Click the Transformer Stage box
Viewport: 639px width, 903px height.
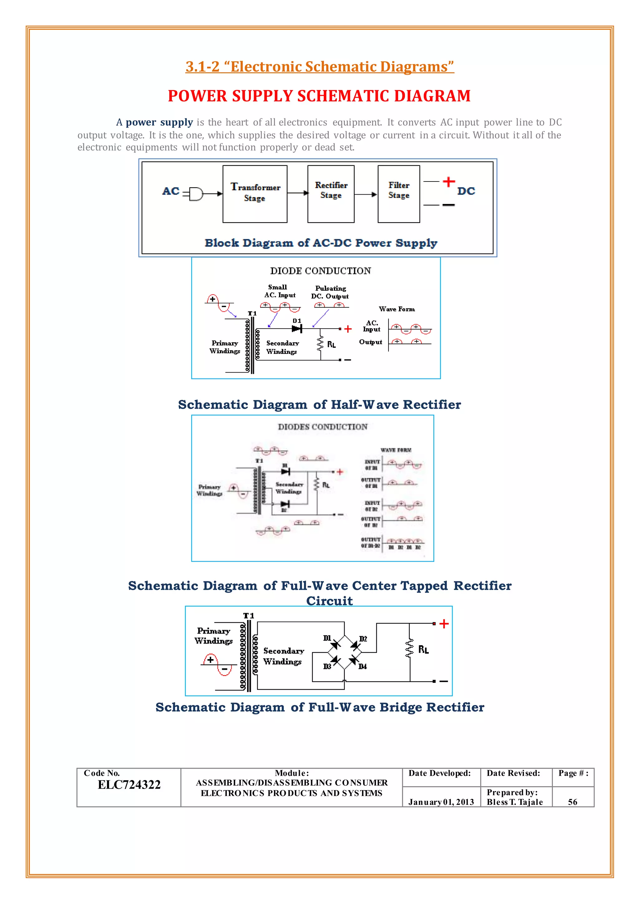[255, 194]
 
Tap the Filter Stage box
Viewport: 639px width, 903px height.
[398, 194]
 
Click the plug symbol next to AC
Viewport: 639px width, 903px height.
[196, 194]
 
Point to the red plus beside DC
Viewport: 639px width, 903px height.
[449, 182]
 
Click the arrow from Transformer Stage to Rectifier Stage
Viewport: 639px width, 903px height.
[297, 193]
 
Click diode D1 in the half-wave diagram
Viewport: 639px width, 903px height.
[297, 328]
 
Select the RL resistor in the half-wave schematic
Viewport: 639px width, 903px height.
[321, 343]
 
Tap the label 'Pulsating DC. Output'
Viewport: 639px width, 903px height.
[330, 292]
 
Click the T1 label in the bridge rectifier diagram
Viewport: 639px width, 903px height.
[248, 616]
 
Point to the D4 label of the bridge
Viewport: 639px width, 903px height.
[362, 666]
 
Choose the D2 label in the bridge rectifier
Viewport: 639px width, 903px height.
[363, 639]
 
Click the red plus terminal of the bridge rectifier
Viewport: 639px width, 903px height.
[444, 624]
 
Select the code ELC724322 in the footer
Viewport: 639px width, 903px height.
[129, 785]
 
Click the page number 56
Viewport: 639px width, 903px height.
[573, 802]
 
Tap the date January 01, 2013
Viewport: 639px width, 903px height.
[441, 802]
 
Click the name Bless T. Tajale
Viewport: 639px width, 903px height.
[515, 802]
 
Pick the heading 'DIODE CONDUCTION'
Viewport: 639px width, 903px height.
[320, 271]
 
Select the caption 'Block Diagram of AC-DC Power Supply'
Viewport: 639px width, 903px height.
[321, 243]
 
